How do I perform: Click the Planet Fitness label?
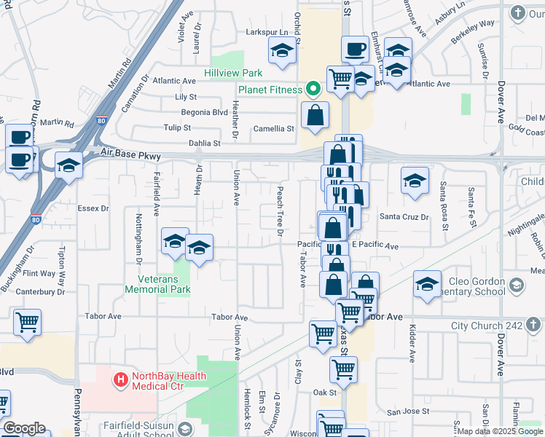tap(270, 90)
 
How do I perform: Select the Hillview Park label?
tap(232, 74)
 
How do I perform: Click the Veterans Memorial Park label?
tap(157, 284)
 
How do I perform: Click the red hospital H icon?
tap(120, 379)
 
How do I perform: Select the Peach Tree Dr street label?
tap(279, 211)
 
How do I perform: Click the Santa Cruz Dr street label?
tap(399, 216)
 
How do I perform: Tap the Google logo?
tap(24, 428)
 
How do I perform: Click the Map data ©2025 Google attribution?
tap(499, 431)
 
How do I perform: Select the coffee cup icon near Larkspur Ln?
tap(355, 50)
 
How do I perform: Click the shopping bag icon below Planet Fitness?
tap(315, 114)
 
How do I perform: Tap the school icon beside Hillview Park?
tap(281, 51)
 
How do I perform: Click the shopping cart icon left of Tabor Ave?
tap(27, 322)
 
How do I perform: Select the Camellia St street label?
tap(274, 128)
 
